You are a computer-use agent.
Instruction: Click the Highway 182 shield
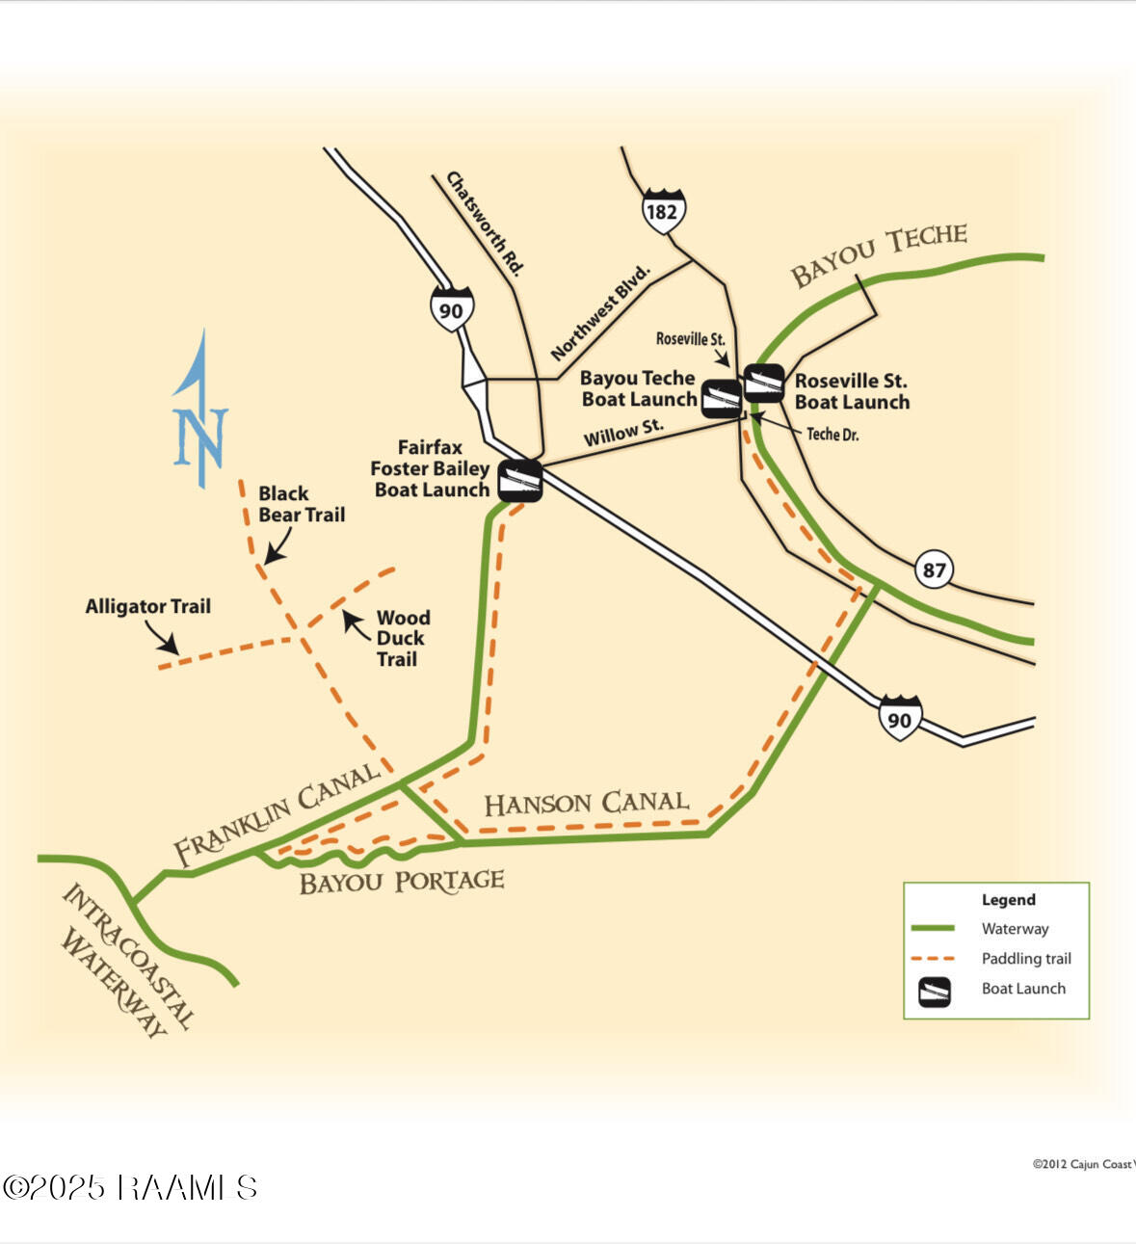(664, 211)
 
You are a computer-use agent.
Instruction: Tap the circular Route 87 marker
(934, 569)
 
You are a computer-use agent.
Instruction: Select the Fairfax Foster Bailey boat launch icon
(520, 480)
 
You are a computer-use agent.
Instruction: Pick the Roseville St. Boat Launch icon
(764, 384)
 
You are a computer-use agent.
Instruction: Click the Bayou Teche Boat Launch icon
(722, 399)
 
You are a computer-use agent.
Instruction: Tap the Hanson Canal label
(586, 804)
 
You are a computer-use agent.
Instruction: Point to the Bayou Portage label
(402, 882)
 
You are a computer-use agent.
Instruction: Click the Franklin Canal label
(277, 813)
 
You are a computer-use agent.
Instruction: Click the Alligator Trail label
(147, 606)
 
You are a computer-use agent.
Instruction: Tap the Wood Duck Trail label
(403, 638)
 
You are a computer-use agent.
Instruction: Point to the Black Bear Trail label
(302, 504)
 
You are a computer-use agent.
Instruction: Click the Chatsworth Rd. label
(485, 224)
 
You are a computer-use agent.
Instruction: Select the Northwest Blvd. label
(600, 313)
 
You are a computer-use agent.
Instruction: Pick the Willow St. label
(623, 433)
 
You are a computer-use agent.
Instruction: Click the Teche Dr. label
(832, 434)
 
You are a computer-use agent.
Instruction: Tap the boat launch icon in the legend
(934, 992)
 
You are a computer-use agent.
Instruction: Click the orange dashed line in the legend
(933, 959)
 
